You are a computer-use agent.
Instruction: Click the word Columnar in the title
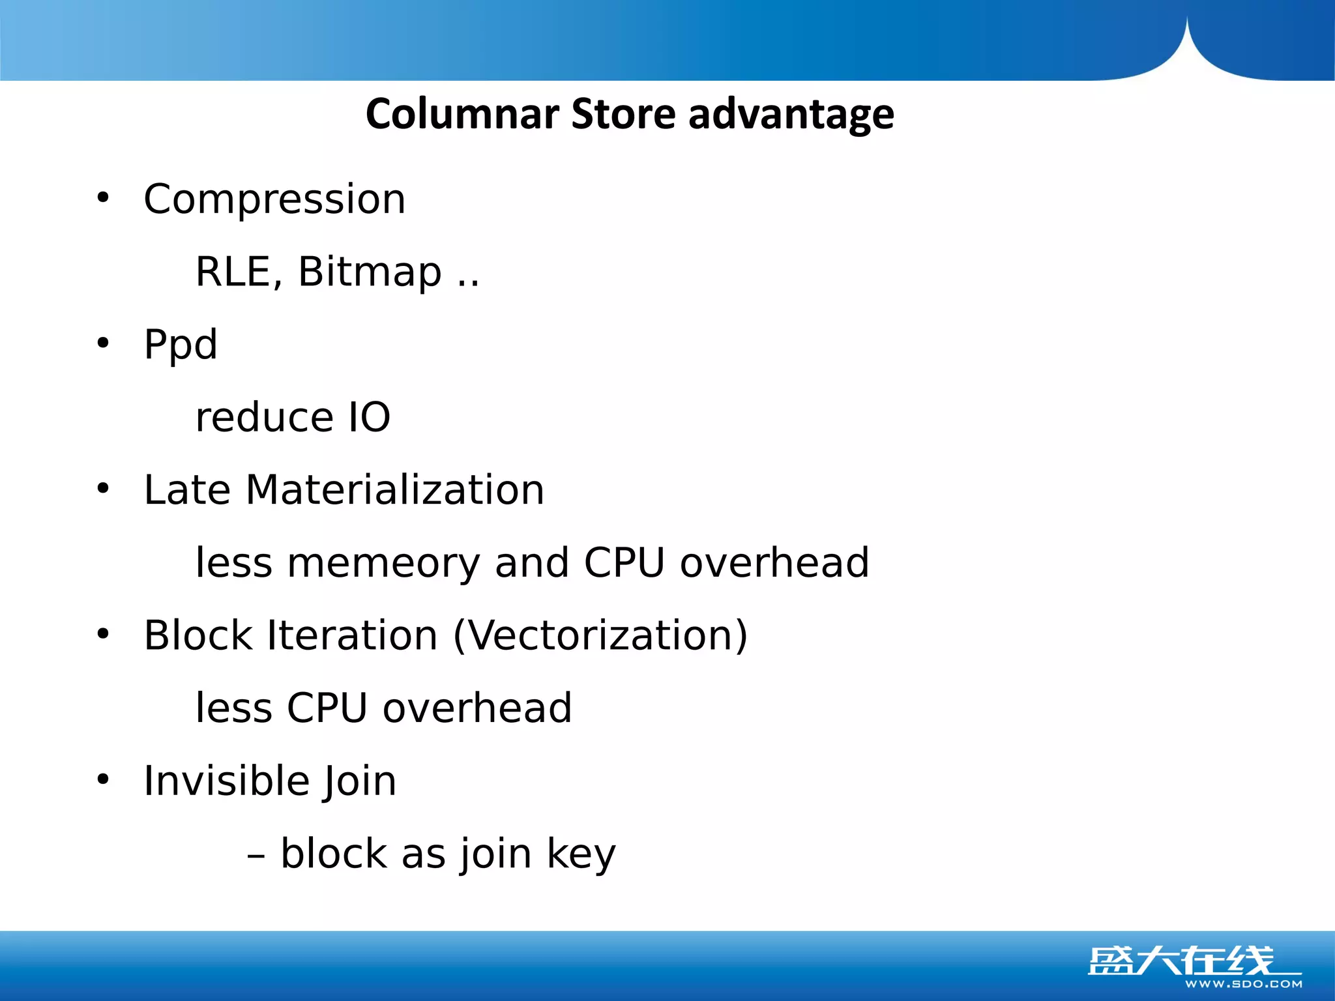(462, 114)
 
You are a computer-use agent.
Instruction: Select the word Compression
(274, 199)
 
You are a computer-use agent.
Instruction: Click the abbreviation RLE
(238, 272)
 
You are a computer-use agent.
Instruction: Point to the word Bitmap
(370, 272)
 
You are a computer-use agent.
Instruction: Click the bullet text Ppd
(181, 345)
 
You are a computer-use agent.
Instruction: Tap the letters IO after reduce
(369, 417)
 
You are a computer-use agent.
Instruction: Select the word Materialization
(394, 490)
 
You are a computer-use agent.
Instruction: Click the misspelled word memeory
(383, 563)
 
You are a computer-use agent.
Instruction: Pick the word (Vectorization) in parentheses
(600, 635)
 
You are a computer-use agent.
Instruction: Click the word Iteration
(352, 635)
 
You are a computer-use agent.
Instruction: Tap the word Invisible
(225, 781)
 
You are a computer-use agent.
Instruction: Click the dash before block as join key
(256, 854)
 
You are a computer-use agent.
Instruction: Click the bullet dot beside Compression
(103, 197)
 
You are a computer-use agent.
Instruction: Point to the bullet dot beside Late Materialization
(103, 488)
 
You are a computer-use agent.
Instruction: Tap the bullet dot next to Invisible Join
(103, 779)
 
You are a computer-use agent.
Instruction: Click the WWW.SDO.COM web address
(1243, 984)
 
